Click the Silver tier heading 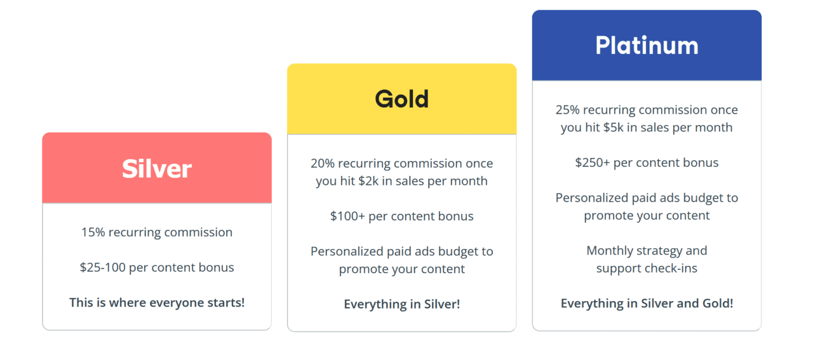pyautogui.click(x=157, y=169)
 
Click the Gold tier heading pyautogui.click(x=401, y=99)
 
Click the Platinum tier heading pyautogui.click(x=647, y=46)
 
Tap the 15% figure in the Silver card pyautogui.click(x=93, y=232)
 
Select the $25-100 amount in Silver pyautogui.click(x=102, y=267)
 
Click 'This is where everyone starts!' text pyautogui.click(x=157, y=302)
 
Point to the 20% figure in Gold pyautogui.click(x=322, y=163)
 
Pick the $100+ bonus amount pyautogui.click(x=347, y=217)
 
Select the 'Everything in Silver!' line pyautogui.click(x=401, y=304)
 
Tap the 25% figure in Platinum pyautogui.click(x=567, y=110)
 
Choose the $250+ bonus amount pyautogui.click(x=592, y=163)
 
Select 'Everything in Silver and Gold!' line pyautogui.click(x=647, y=303)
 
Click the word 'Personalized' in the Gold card pyautogui.click(x=347, y=251)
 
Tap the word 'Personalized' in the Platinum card pyautogui.click(x=592, y=198)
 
